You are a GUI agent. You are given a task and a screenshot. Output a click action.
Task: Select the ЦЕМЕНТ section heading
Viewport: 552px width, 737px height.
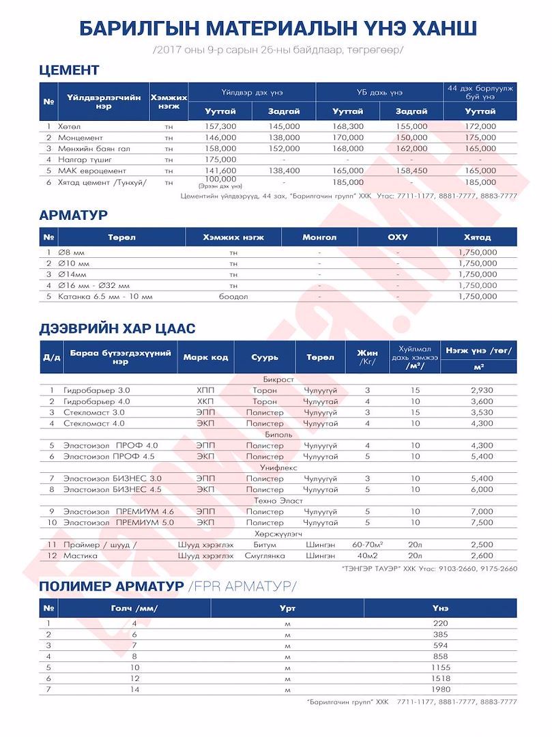(70, 70)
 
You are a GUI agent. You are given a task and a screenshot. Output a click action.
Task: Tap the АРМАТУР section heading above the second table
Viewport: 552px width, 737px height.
(74, 215)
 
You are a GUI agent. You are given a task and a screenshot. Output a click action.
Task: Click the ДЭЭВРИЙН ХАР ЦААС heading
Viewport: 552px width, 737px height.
(117, 329)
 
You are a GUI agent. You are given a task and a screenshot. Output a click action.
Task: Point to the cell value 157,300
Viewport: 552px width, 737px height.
(220, 126)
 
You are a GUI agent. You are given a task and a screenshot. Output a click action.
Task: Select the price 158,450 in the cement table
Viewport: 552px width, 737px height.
(411, 170)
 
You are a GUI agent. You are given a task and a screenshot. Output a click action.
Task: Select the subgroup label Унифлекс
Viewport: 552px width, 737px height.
(277, 467)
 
